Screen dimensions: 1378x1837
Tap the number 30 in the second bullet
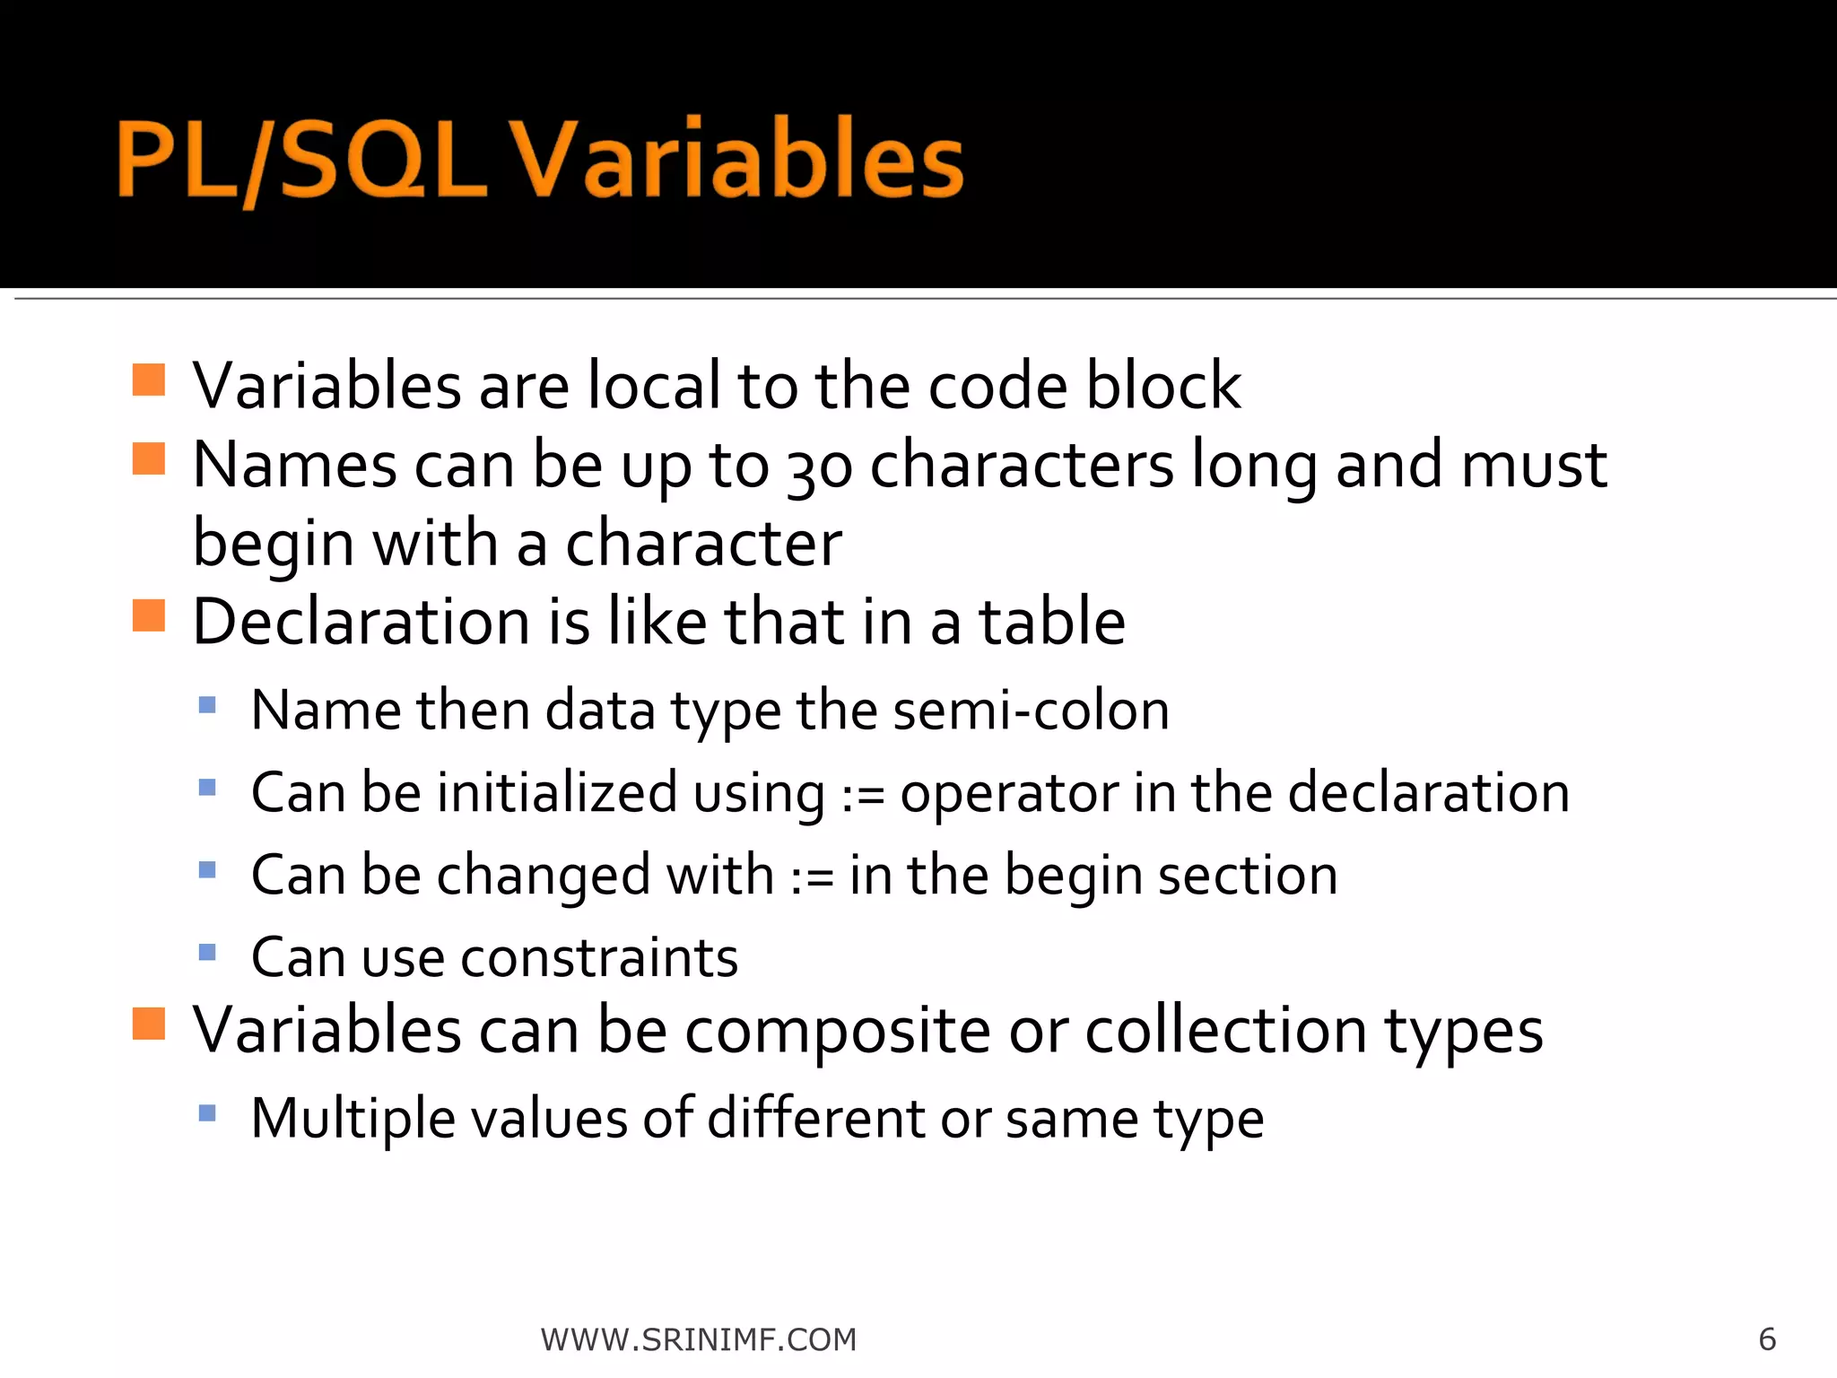820,467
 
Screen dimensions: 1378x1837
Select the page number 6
1767,1339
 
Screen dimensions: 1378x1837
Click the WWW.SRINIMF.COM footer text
699,1339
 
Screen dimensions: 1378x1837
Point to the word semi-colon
1031,711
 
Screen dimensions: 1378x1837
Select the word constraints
599,958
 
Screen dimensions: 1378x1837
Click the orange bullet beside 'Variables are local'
149,380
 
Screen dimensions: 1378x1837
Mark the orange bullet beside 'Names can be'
149,458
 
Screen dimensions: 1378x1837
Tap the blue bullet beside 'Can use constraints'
207,952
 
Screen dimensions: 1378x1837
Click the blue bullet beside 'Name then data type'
207,705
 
